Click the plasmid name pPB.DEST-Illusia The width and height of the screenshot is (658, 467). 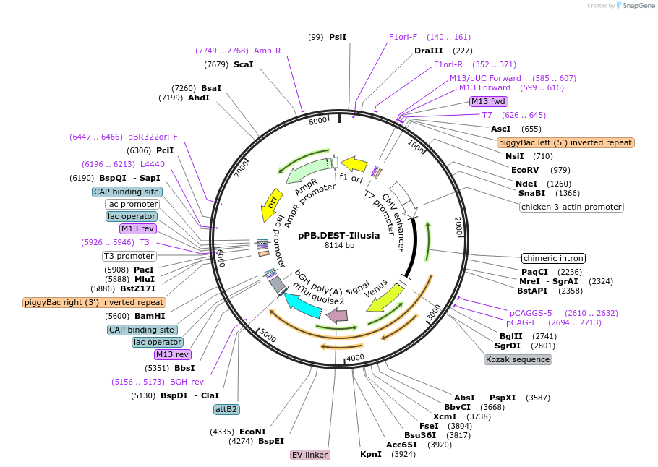click(338, 235)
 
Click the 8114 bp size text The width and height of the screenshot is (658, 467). click(339, 246)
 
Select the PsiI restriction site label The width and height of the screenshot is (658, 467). click(338, 36)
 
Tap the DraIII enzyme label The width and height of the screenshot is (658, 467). click(428, 51)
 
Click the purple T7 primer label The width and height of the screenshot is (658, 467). click(487, 115)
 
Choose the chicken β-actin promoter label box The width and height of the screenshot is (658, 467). click(571, 207)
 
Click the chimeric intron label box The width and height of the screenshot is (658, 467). click(553, 258)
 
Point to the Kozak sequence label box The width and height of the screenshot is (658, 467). click(518, 359)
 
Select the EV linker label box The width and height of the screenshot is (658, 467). click(310, 455)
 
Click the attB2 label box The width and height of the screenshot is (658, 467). click(226, 409)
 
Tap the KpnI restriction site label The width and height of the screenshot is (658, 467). click(371, 454)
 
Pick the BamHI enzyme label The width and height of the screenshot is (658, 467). click(150, 316)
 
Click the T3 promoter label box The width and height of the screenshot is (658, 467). click(129, 256)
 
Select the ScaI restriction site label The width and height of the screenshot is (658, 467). click(244, 64)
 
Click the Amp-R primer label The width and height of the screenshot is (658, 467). click(267, 51)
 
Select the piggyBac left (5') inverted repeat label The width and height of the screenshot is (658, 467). click(565, 142)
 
